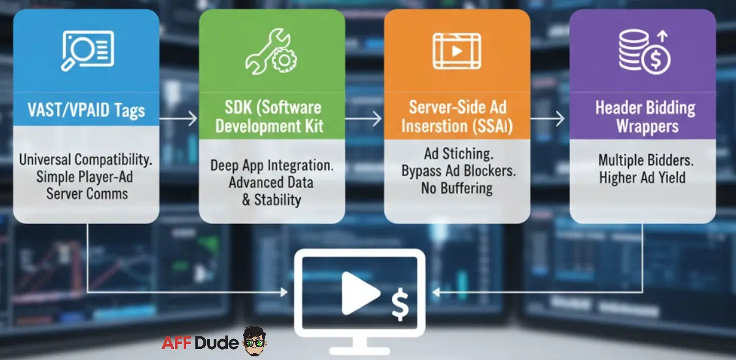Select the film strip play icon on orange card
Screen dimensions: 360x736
pyautogui.click(x=457, y=50)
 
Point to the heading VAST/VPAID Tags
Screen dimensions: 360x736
pyautogui.click(x=86, y=110)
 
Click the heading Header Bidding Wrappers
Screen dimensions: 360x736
pyautogui.click(x=645, y=118)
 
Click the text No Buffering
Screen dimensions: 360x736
pyautogui.click(x=457, y=188)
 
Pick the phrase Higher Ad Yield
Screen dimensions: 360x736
pyautogui.click(x=642, y=178)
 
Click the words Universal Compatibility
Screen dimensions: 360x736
pyautogui.click(x=86, y=159)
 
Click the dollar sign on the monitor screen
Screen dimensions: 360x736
pyautogui.click(x=400, y=304)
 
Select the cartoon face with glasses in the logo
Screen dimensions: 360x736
pyautogui.click(x=253, y=340)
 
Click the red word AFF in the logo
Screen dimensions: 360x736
pyautogui.click(x=178, y=343)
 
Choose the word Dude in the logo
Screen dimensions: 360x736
pyautogui.click(x=217, y=343)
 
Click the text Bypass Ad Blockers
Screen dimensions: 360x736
pyautogui.click(x=458, y=171)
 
